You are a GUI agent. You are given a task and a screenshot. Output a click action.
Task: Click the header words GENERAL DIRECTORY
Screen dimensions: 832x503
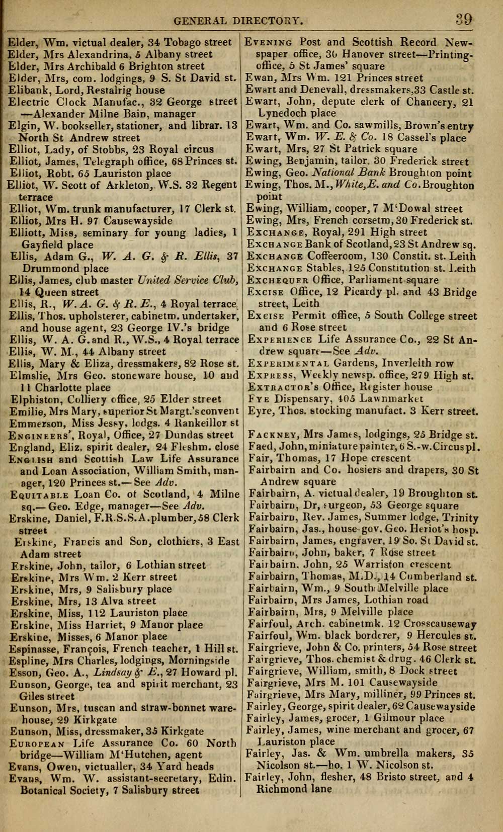[238, 21]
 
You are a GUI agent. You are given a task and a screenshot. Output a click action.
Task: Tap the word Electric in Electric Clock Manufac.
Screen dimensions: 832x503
[29, 102]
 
